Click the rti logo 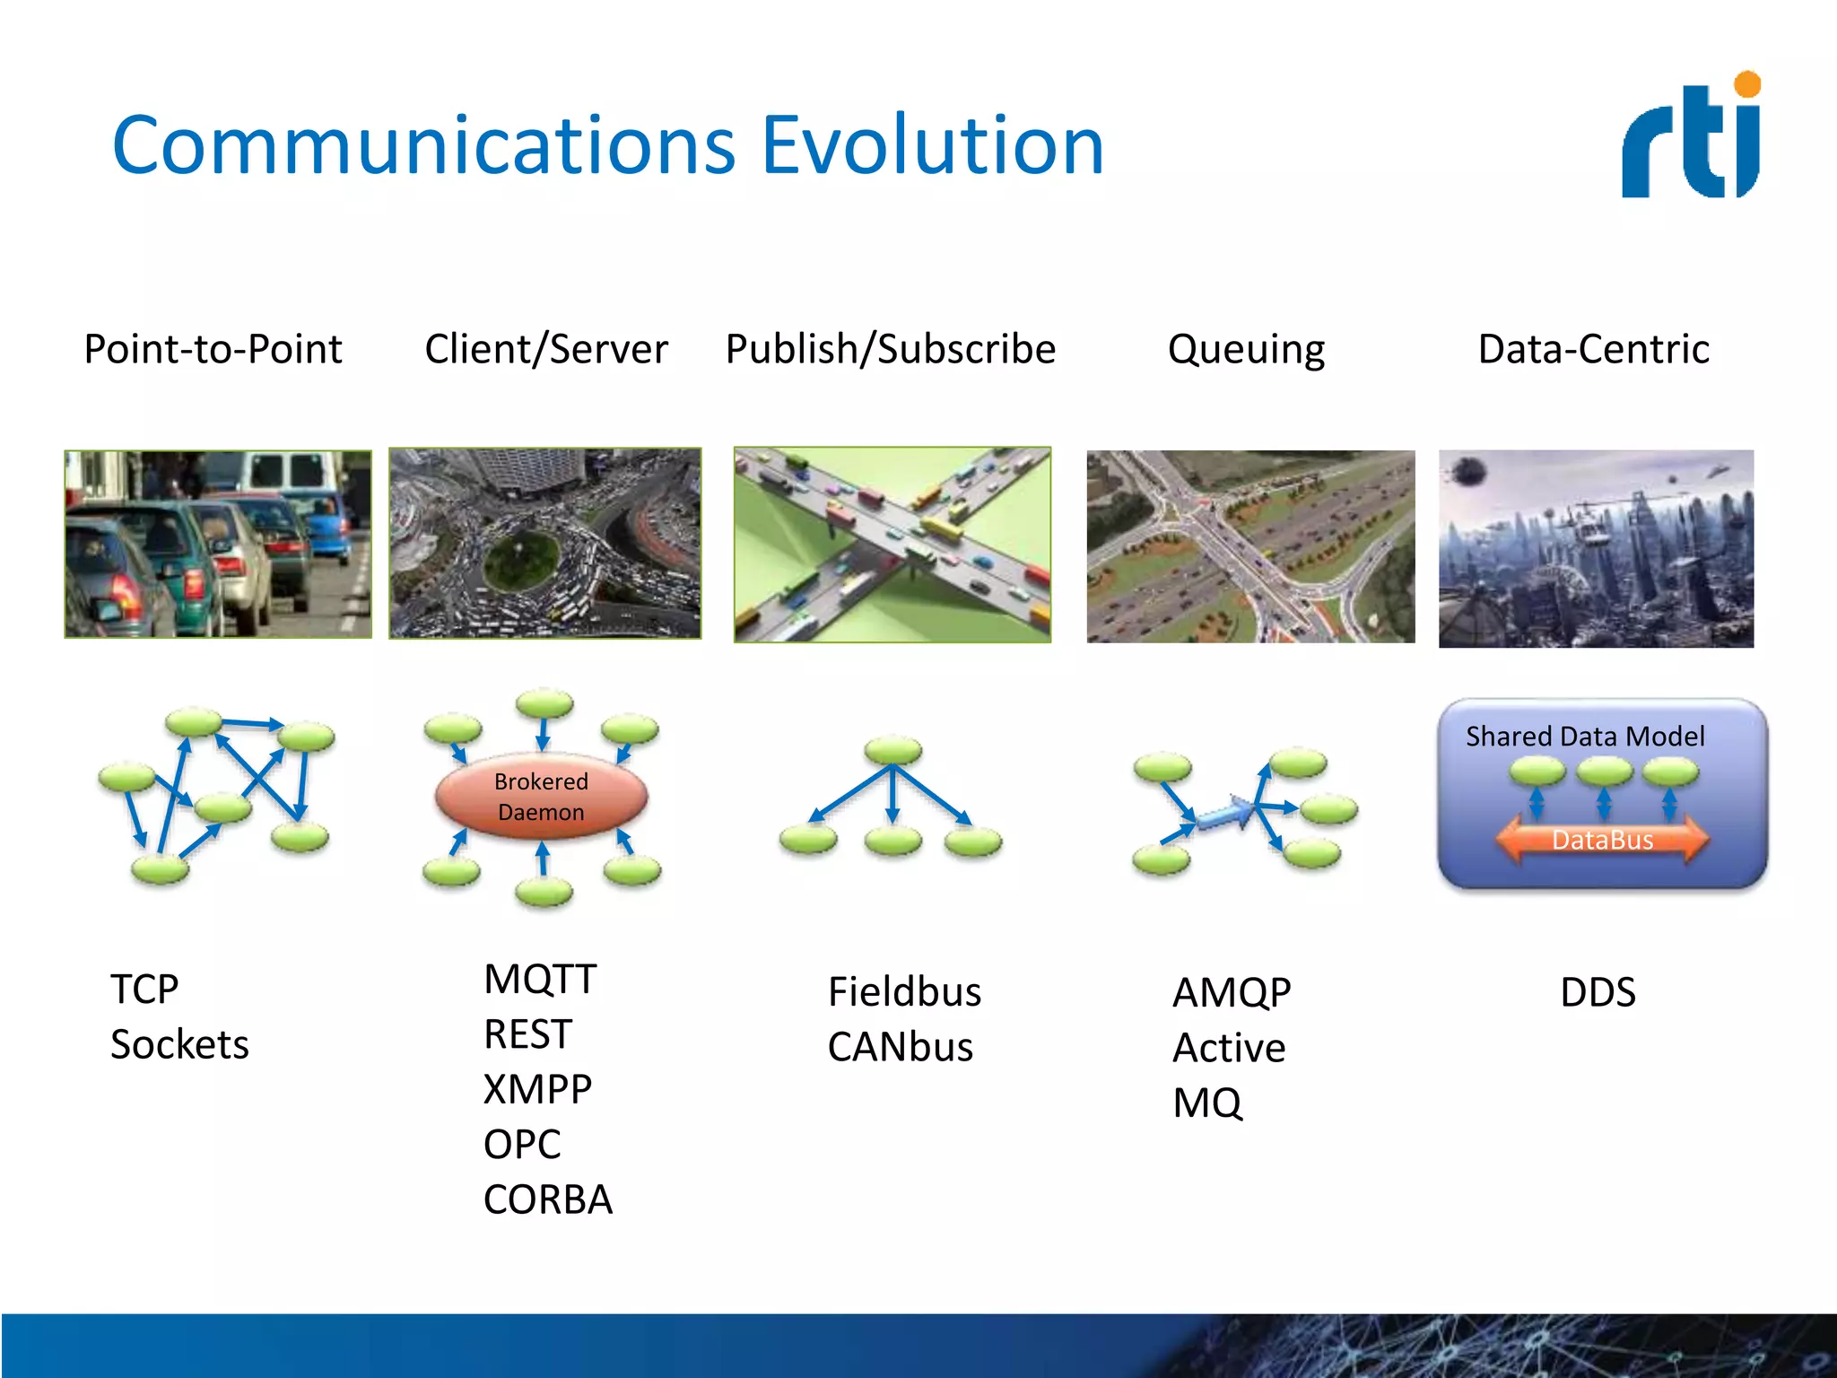1691,136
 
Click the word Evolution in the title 932,145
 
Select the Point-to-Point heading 213,349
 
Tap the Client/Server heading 546,349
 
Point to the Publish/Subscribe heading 890,349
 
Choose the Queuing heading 1246,349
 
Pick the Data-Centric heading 1593,349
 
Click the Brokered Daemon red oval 541,796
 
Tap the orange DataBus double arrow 1602,840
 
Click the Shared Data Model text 1585,737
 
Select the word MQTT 540,979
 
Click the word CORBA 547,1199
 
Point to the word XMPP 537,1089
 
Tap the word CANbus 900,1047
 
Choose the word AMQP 1232,992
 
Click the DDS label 1598,992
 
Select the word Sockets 179,1044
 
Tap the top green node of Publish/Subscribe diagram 892,750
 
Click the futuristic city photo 1596,548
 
